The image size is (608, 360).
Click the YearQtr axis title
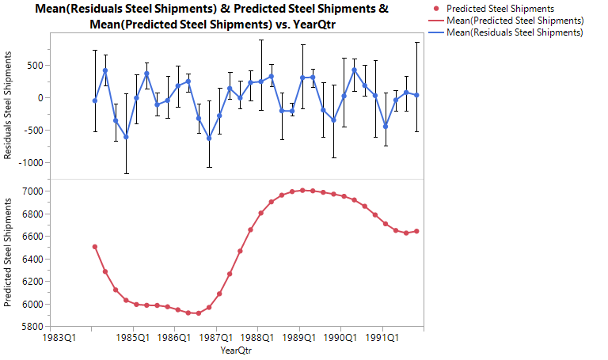click(x=237, y=350)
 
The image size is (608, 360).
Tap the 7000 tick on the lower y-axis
click(x=32, y=191)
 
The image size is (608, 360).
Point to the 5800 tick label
click(x=32, y=326)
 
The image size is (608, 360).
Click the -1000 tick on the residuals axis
click(x=28, y=163)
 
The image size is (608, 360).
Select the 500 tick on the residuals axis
click(x=34, y=66)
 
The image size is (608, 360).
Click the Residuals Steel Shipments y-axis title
click(x=9, y=106)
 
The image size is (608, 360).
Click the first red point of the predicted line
click(x=95, y=247)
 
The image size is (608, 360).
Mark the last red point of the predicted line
click(x=416, y=231)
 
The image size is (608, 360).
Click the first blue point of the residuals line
click(x=95, y=100)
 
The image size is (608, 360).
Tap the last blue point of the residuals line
click(x=416, y=95)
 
